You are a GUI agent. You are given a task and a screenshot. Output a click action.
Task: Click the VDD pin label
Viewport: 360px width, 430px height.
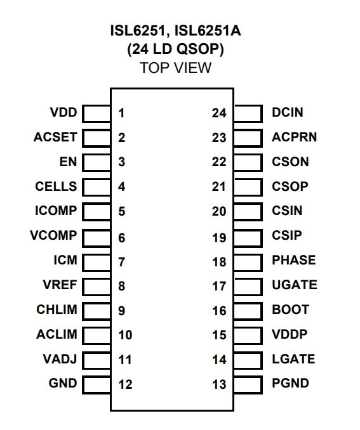point(63,112)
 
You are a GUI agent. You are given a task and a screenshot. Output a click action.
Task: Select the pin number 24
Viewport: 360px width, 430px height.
point(219,114)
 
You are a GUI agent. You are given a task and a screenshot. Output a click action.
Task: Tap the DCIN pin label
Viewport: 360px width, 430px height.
point(288,112)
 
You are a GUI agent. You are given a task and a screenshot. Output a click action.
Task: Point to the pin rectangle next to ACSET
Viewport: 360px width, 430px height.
point(97,138)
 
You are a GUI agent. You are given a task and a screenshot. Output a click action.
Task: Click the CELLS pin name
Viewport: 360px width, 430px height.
point(56,186)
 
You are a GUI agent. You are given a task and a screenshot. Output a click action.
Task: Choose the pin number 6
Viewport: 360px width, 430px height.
point(122,238)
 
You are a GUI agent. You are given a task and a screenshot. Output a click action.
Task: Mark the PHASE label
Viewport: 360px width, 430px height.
point(294,260)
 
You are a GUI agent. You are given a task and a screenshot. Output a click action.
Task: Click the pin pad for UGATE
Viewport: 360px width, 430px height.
point(248,287)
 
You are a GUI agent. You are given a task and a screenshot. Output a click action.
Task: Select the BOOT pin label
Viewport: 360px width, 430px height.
point(291,309)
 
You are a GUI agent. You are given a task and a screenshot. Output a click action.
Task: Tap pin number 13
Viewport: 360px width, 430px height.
point(220,384)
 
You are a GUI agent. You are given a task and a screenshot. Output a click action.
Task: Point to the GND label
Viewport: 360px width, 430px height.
point(63,383)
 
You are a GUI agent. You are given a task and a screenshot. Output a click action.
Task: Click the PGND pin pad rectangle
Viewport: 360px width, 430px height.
point(248,385)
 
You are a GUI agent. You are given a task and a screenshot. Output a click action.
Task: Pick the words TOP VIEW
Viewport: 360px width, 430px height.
point(176,68)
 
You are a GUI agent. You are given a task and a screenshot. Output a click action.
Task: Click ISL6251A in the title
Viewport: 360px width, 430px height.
point(208,30)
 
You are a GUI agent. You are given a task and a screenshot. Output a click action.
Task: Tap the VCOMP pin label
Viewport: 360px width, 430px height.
point(53,235)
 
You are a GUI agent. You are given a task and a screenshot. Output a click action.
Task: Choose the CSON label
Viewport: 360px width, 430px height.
point(290,162)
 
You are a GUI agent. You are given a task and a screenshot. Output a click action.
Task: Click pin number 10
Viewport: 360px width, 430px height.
point(126,335)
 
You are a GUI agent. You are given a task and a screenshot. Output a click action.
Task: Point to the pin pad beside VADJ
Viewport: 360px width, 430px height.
point(97,360)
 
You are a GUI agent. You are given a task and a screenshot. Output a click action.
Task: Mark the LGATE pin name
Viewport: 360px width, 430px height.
point(293,359)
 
